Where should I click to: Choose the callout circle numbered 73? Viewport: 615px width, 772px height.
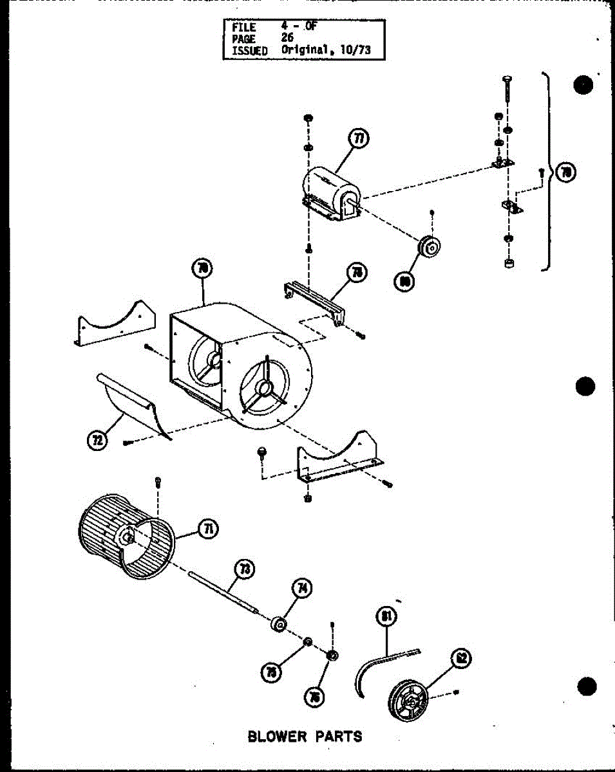pos(245,569)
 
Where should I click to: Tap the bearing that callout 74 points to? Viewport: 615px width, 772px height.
pos(279,624)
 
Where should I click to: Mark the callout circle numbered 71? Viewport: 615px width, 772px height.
pos(209,529)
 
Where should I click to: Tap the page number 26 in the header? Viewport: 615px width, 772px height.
pos(287,38)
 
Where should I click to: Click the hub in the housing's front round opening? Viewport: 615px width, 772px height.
pos(263,388)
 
